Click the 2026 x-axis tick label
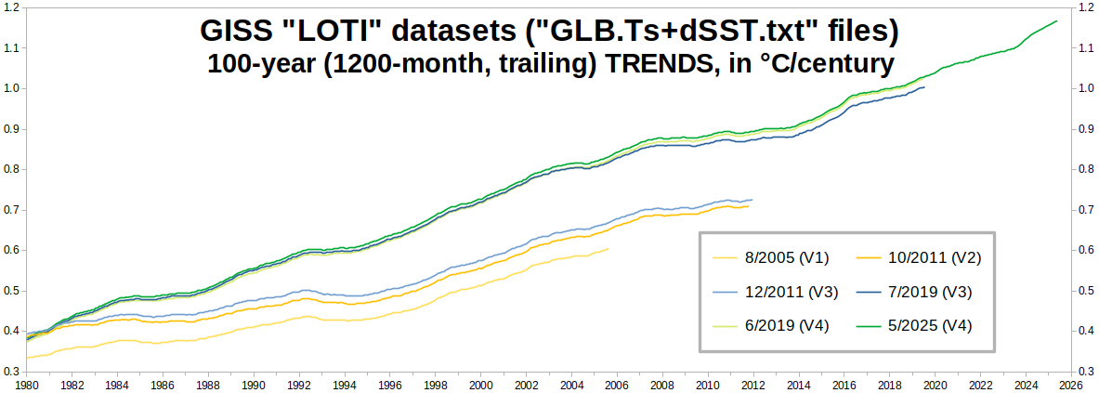click(1069, 383)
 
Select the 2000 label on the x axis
click(480, 383)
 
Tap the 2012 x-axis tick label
click(752, 383)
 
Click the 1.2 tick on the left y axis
click(13, 7)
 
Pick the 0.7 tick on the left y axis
click(13, 210)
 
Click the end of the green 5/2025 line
click(1057, 20)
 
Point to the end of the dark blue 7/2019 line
click(924, 87)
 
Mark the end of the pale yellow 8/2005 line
click(609, 248)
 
